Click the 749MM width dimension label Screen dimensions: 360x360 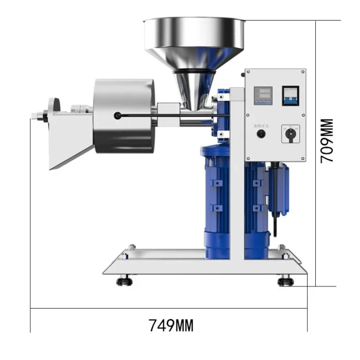pyautogui.click(x=171, y=325)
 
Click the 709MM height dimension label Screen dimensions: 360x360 pyautogui.click(x=327, y=141)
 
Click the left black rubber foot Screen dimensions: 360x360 pyautogui.click(x=124, y=281)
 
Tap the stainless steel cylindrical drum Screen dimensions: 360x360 pyautogui.click(x=123, y=116)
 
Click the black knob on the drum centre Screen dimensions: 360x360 pyautogui.click(x=118, y=116)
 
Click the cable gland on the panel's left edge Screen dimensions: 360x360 pyautogui.click(x=241, y=75)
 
